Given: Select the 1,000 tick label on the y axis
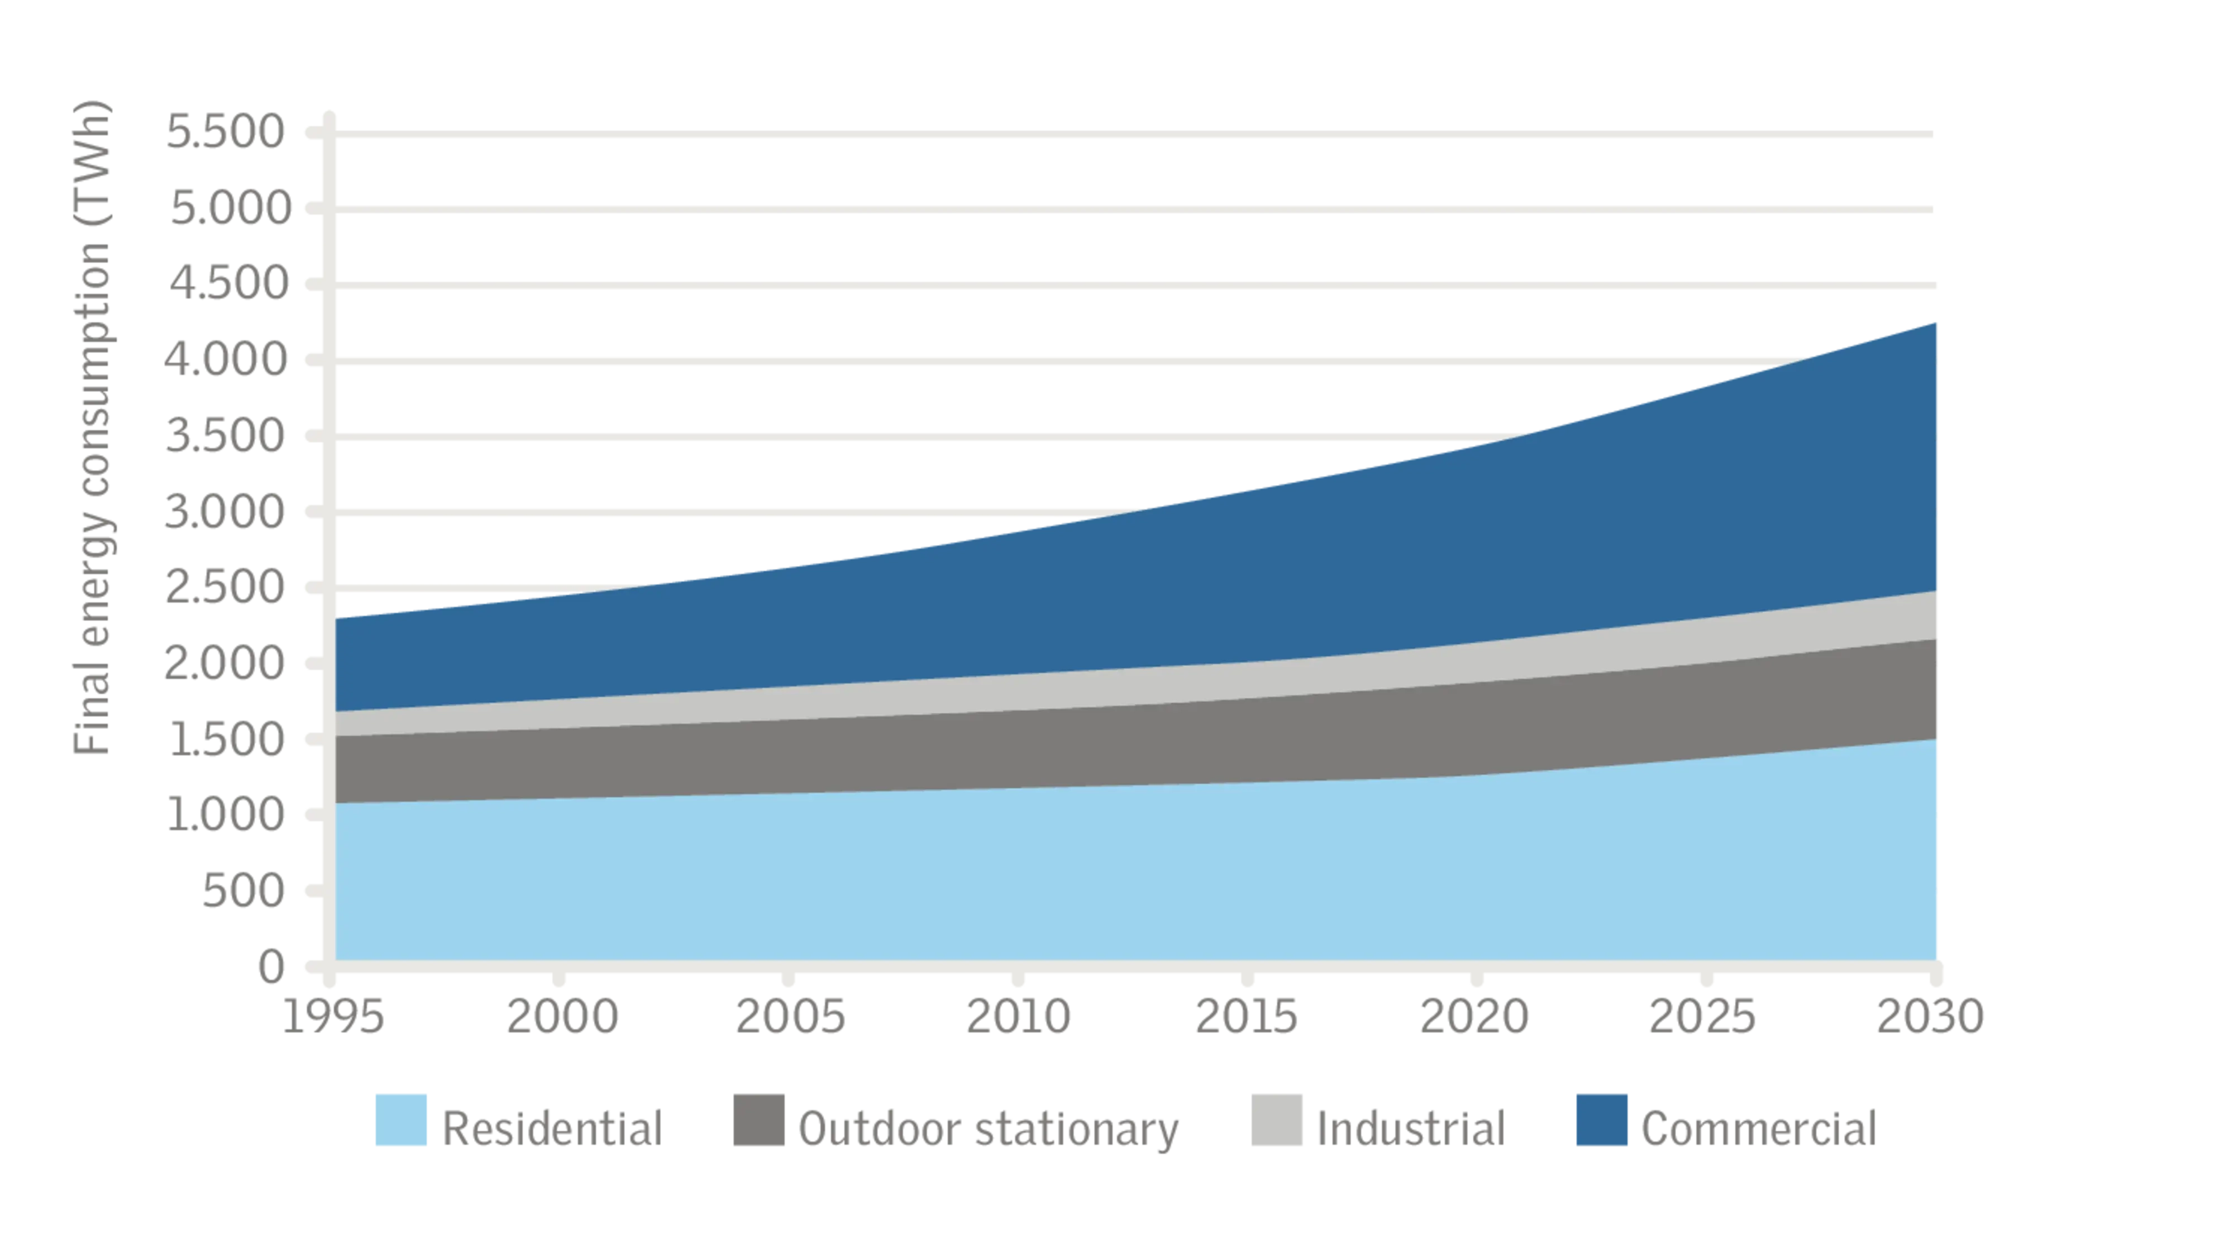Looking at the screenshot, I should (x=226, y=813).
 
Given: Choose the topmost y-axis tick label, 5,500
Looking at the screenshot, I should (x=226, y=133).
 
